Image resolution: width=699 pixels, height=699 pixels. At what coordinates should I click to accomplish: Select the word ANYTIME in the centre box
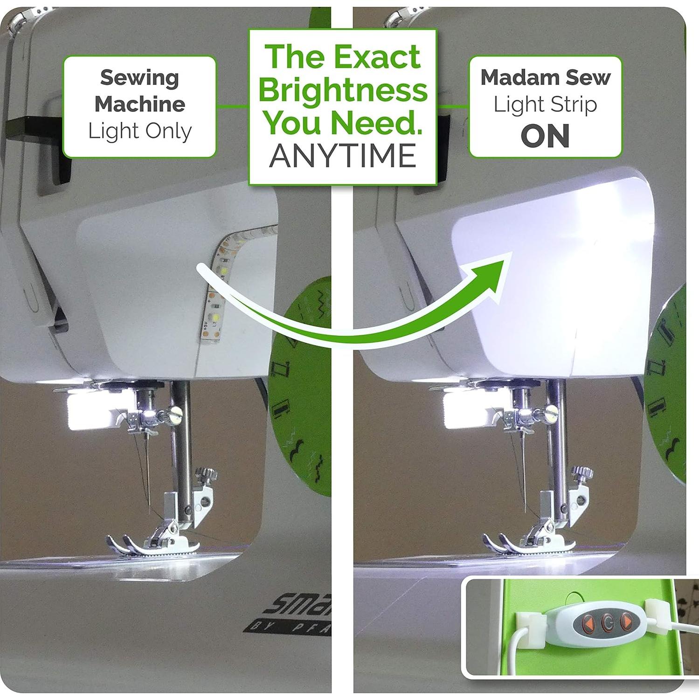coord(343,155)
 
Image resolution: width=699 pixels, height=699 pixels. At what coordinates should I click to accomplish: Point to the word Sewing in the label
coord(139,78)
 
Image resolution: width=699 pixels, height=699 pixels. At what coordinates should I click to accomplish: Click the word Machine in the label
coord(139,104)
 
